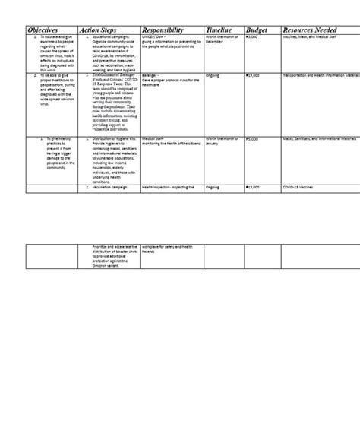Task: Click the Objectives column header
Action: point(43,30)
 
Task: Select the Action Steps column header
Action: point(97,30)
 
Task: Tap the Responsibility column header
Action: point(163,30)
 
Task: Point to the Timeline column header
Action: point(219,30)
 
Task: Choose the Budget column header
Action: point(257,30)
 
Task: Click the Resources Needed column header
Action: point(309,30)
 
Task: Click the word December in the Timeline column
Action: point(215,41)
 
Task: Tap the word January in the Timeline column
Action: point(213,144)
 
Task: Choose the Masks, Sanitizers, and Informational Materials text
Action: point(319,139)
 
